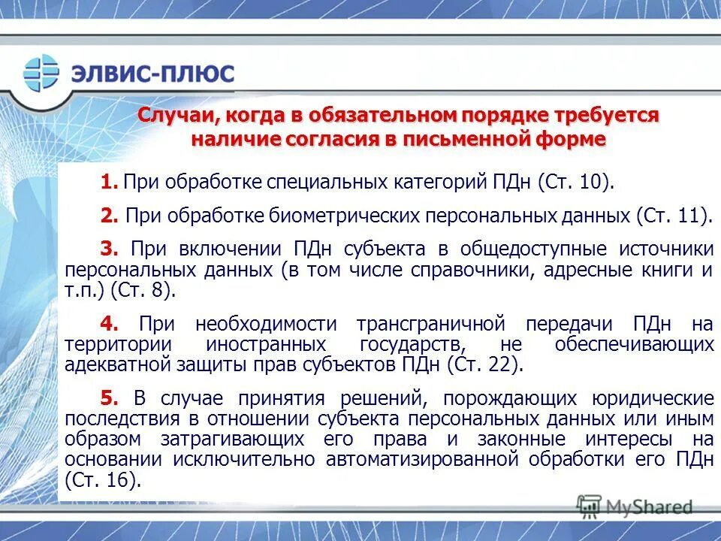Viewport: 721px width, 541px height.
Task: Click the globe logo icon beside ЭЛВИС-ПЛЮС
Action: [x=41, y=73]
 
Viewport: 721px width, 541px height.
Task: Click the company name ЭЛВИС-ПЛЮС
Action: [x=152, y=74]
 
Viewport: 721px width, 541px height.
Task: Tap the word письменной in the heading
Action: [x=465, y=140]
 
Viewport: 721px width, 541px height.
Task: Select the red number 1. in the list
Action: [x=110, y=182]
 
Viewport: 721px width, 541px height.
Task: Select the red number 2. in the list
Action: [x=110, y=216]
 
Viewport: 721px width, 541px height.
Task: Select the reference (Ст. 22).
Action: [x=484, y=364]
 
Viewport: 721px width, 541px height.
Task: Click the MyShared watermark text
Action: [x=649, y=507]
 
